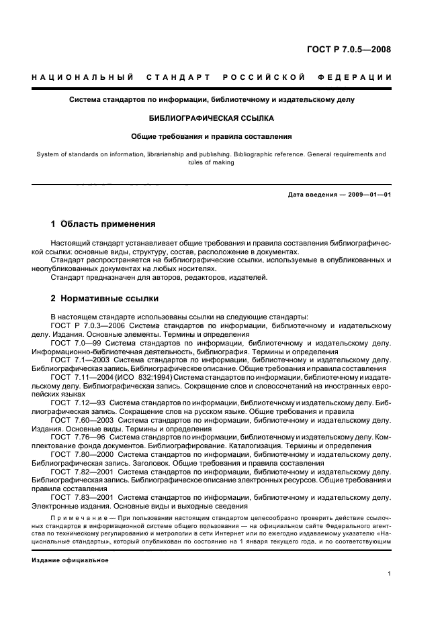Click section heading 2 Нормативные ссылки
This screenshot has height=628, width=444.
click(105, 298)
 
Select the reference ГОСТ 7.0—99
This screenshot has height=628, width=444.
click(75, 343)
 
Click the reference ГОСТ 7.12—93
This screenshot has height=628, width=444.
click(77, 403)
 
